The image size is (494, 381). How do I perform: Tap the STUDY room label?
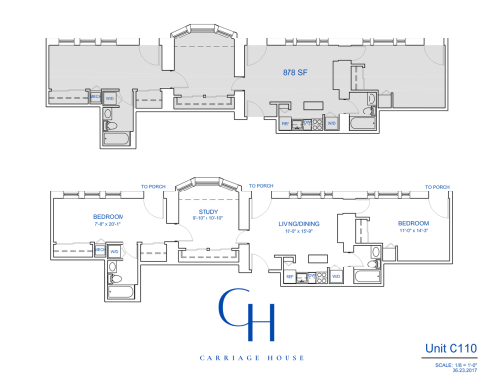click(207, 210)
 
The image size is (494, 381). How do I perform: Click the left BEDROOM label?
click(107, 216)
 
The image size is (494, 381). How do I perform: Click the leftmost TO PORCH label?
click(153, 186)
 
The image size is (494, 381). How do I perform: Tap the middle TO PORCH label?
click(261, 186)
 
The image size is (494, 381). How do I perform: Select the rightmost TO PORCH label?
click(436, 186)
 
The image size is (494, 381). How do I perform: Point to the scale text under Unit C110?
click(455, 364)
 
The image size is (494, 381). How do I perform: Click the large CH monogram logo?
click(247, 315)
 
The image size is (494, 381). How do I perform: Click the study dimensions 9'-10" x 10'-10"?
click(207, 217)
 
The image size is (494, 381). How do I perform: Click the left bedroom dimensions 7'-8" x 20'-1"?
click(107, 223)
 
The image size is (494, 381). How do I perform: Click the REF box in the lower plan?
click(288, 276)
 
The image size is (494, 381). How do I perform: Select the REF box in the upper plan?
click(285, 123)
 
